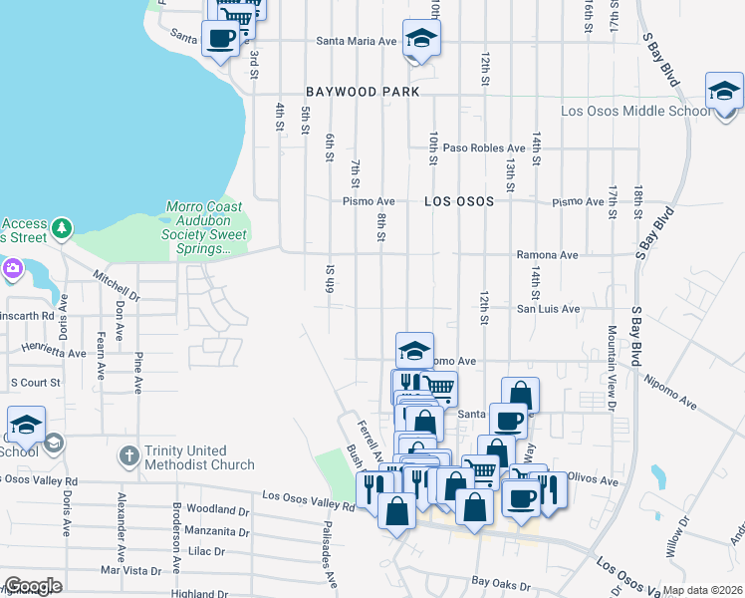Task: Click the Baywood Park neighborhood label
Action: (342, 92)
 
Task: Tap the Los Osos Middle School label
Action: (636, 111)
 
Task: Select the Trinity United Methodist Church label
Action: (199, 457)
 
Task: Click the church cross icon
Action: (127, 456)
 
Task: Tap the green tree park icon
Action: (63, 229)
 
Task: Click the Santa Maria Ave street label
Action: (357, 41)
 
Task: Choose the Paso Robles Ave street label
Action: (484, 148)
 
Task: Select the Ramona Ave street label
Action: (547, 255)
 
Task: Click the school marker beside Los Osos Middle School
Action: (724, 92)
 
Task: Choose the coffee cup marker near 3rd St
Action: (221, 39)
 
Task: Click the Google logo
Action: (33, 585)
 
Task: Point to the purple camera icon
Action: (12, 267)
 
